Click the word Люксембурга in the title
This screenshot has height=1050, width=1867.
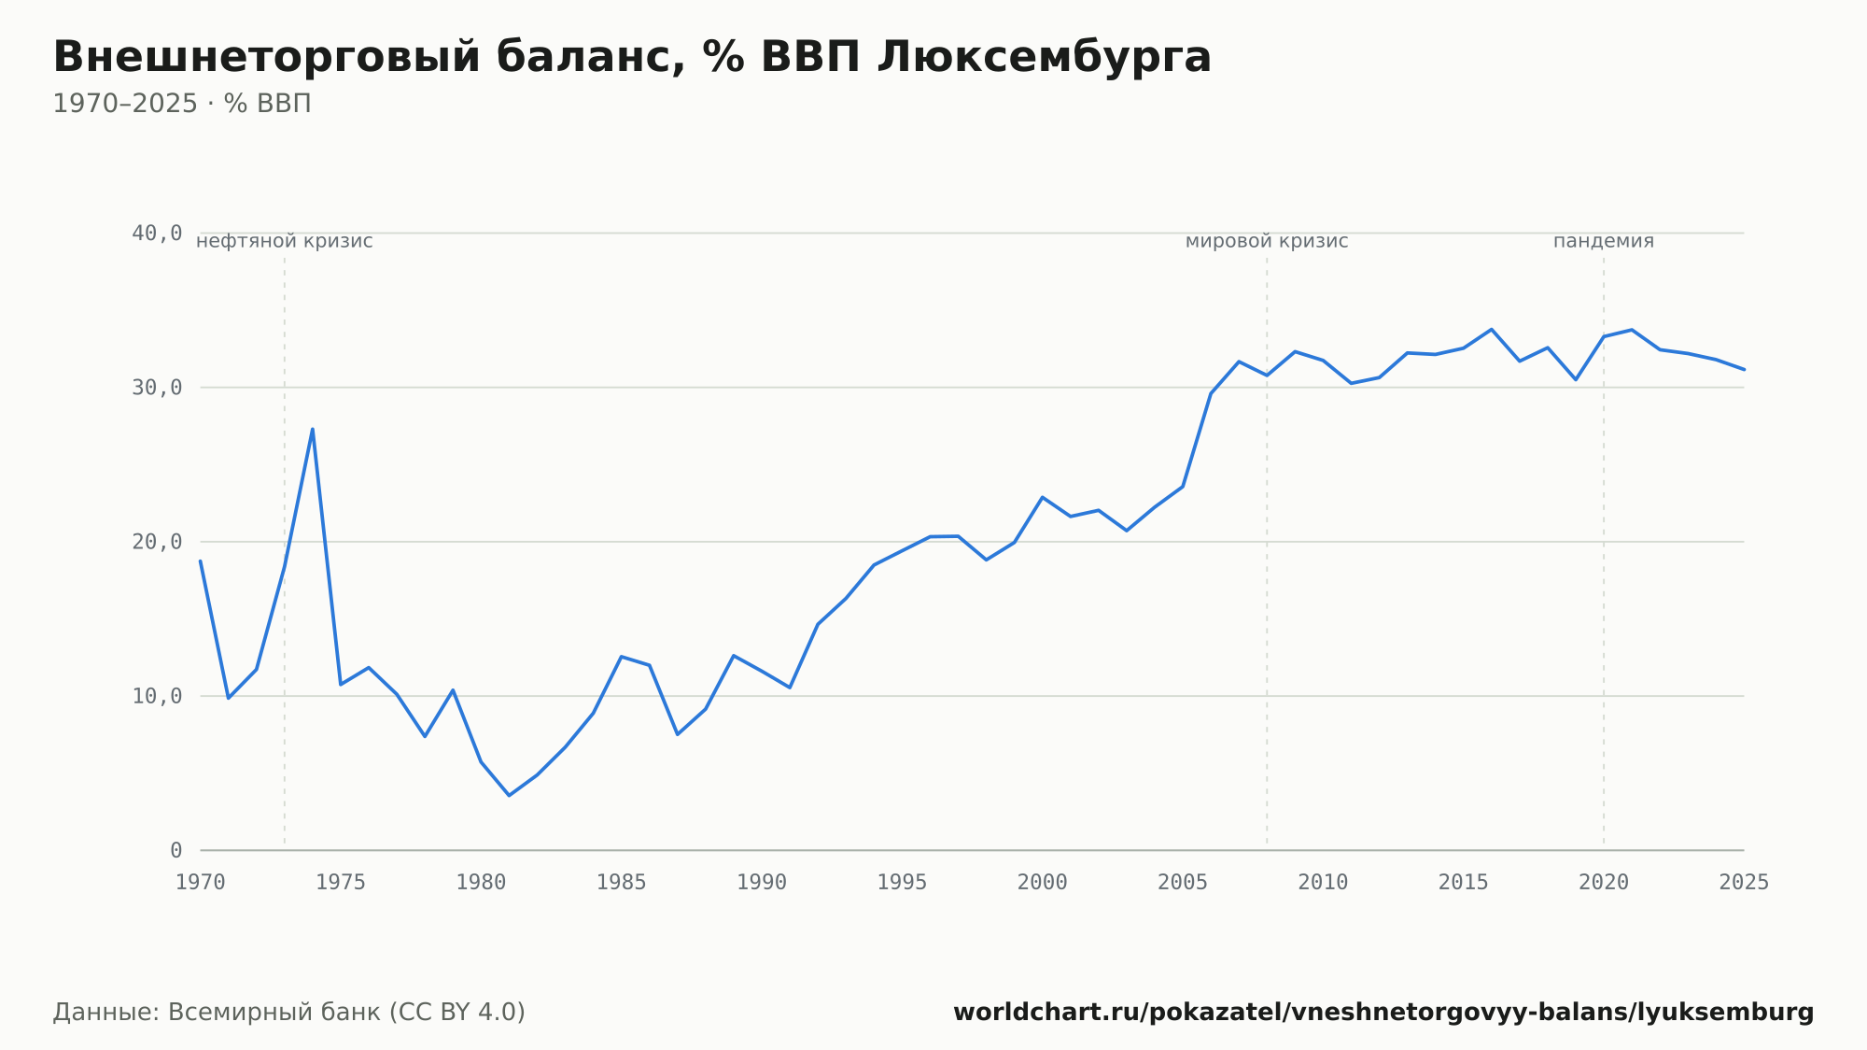tap(1045, 57)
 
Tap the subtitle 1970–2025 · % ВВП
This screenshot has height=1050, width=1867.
tap(182, 104)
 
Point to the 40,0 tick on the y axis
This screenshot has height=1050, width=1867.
tap(157, 234)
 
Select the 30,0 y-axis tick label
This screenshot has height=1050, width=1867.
tap(157, 388)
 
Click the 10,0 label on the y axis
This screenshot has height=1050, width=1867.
tap(157, 696)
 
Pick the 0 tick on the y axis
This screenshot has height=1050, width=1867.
tap(175, 850)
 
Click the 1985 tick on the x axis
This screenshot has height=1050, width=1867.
tap(621, 883)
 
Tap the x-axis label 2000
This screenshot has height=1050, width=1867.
tap(1042, 883)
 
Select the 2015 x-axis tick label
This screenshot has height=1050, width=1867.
tap(1463, 883)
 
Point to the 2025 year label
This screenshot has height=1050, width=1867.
tap(1744, 883)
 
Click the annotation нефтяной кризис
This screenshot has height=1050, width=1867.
tap(285, 241)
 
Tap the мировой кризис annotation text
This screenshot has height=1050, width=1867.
tap(1267, 241)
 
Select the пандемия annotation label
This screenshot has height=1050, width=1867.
tap(1604, 241)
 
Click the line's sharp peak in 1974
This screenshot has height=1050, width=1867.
tap(313, 429)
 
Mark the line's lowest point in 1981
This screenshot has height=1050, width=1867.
tap(509, 795)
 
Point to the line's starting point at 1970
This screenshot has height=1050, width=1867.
tap(201, 560)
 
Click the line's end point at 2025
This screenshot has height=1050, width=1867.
tap(1744, 370)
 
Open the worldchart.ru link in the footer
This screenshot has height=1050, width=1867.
tap(1383, 1013)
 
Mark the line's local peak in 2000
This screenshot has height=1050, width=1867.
tap(1042, 497)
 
